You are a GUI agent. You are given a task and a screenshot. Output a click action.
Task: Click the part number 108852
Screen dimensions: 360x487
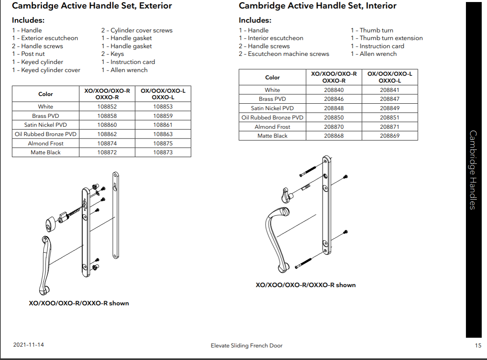click(x=107, y=107)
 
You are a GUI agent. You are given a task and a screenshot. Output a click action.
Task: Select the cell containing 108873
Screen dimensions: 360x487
click(x=163, y=153)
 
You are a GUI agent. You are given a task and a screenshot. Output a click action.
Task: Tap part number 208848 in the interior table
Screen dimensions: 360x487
click(x=334, y=109)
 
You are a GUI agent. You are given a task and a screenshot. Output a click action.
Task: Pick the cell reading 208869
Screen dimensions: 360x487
click(x=389, y=136)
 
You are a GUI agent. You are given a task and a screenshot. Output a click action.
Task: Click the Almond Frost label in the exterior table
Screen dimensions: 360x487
click(x=45, y=144)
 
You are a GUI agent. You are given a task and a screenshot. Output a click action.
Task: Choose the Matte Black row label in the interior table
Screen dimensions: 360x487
click(x=272, y=136)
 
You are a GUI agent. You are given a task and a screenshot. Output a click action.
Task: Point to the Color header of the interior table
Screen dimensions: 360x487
click(x=272, y=77)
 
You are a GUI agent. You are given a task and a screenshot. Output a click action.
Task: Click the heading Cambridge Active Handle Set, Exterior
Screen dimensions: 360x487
click(x=92, y=6)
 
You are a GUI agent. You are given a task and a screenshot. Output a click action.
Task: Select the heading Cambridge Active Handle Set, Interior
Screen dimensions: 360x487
click(x=317, y=6)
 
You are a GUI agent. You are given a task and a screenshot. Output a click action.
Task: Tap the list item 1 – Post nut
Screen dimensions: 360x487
click(x=28, y=54)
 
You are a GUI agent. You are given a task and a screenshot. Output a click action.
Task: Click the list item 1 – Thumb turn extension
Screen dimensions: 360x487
click(x=386, y=38)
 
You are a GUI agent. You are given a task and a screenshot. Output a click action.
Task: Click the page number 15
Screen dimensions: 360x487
click(x=478, y=345)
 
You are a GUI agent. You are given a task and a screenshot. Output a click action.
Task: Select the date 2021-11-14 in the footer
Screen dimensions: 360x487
click(x=28, y=345)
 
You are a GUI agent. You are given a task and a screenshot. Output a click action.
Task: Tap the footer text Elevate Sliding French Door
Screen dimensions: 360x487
click(x=247, y=345)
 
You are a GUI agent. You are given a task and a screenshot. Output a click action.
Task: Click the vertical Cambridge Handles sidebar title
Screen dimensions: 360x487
click(x=472, y=170)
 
